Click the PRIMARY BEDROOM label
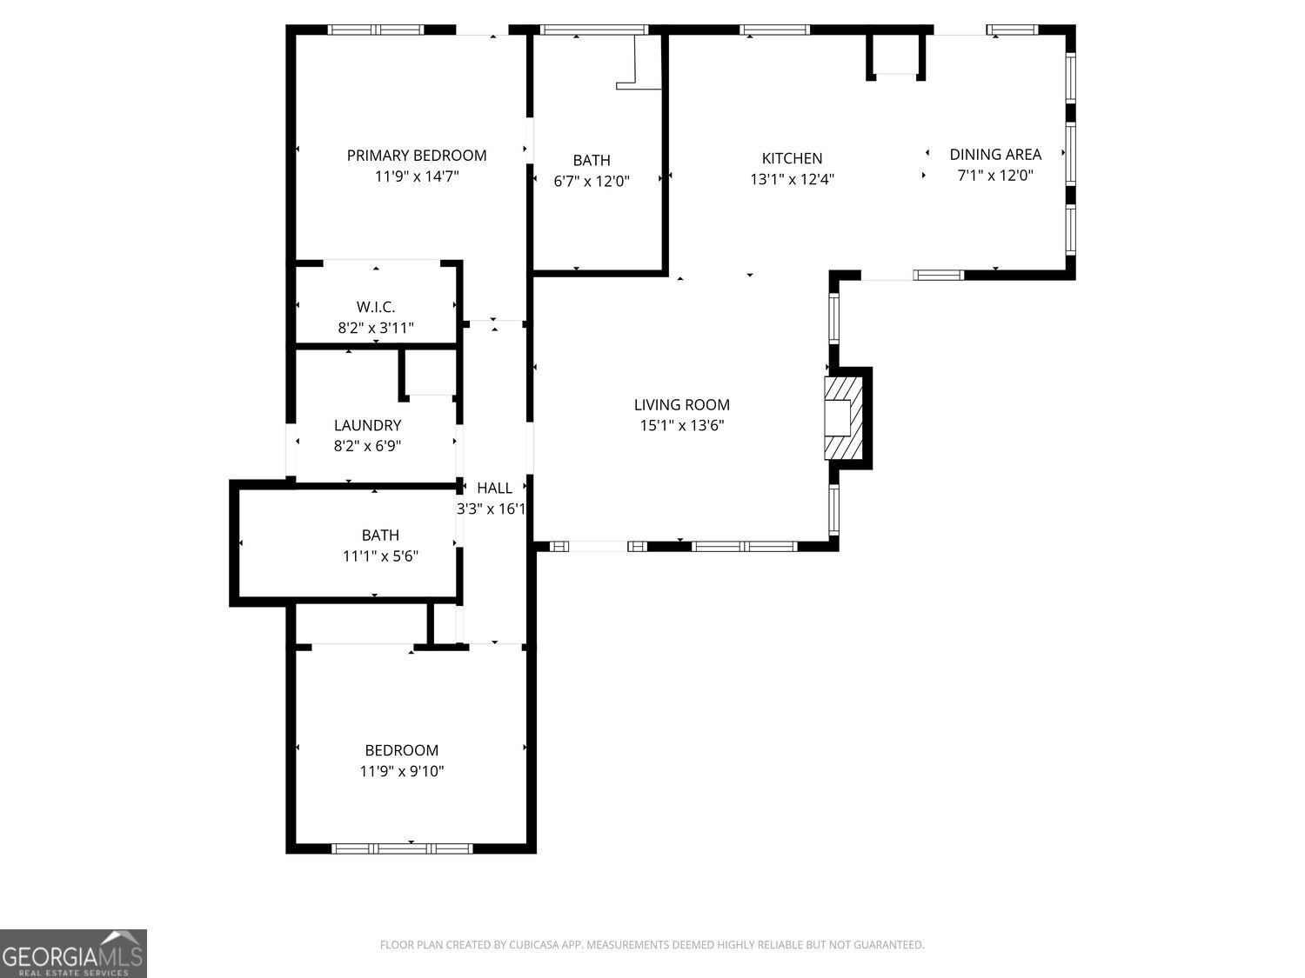(417, 156)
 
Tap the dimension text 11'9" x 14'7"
(417, 176)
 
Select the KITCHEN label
(792, 158)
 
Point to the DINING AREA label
(994, 154)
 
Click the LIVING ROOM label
(681, 404)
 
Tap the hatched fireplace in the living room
(843, 418)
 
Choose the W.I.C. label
(376, 307)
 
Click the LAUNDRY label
(367, 425)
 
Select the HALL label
(494, 488)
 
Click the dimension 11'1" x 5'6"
(380, 556)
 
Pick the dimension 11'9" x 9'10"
(402, 771)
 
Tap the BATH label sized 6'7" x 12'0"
(592, 160)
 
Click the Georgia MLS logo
(73, 953)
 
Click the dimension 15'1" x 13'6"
(681, 425)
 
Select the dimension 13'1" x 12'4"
(792, 179)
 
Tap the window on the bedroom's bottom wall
(402, 848)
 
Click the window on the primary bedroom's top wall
(376, 30)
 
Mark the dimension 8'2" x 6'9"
(367, 446)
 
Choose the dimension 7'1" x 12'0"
(994, 175)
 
